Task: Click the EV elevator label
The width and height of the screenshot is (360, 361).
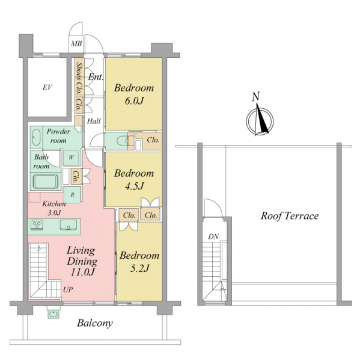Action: [x=47, y=87]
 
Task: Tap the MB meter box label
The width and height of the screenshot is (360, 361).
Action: [x=76, y=43]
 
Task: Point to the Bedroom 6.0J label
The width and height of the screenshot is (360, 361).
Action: [x=134, y=94]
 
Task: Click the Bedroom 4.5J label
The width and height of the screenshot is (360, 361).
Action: [x=134, y=179]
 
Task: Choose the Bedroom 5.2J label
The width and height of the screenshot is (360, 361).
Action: [x=139, y=262]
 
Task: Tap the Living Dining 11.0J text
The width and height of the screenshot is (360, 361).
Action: [x=82, y=261]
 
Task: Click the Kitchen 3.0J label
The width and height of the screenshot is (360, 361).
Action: [x=54, y=208]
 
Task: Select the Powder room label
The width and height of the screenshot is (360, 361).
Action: [x=58, y=136]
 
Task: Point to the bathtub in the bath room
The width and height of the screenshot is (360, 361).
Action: [x=46, y=182]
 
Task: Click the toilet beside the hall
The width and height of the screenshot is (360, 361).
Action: [x=123, y=140]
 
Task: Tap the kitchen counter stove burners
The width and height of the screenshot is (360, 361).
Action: [x=37, y=224]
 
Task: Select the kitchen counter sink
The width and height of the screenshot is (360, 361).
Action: [x=69, y=225]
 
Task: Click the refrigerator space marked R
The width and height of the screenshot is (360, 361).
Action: [x=73, y=195]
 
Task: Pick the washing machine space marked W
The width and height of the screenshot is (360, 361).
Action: [x=72, y=158]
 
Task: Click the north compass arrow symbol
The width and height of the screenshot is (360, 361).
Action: [x=260, y=120]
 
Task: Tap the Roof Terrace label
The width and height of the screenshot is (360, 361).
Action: [x=290, y=216]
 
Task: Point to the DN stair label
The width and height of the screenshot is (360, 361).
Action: [x=213, y=236]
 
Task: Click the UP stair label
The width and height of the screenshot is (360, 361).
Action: [x=68, y=289]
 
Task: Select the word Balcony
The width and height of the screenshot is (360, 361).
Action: [x=95, y=323]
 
